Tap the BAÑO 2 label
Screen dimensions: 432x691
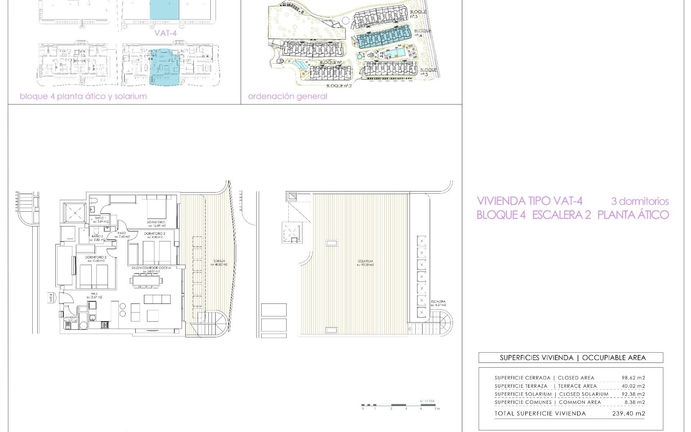[97, 236]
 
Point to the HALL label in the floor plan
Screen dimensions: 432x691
[94, 294]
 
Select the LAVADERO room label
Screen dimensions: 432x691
[71, 317]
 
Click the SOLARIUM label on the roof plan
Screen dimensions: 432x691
[365, 261]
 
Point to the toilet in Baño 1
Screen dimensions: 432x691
[92, 201]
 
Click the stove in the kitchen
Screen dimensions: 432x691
[105, 325]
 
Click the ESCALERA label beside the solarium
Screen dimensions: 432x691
[438, 301]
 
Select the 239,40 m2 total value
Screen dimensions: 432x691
[628, 414]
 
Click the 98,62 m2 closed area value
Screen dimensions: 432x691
[633, 378]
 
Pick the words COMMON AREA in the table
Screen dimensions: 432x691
[580, 402]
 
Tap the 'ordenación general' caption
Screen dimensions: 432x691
[288, 96]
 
